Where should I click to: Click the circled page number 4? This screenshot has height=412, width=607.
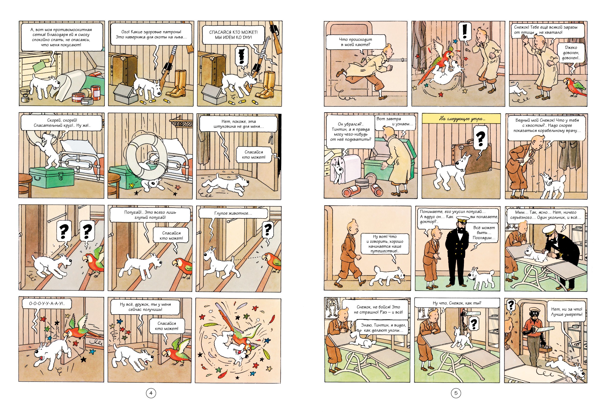point(151,393)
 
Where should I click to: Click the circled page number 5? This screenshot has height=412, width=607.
point(456,393)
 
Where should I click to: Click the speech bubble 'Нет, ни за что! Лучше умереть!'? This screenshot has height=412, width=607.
point(567,312)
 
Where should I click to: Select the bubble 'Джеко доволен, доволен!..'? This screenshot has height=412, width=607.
point(571,53)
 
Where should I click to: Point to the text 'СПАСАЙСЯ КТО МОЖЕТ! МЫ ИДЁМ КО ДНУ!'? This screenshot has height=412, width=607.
point(233,35)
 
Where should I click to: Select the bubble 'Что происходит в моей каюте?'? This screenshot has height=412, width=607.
point(355,42)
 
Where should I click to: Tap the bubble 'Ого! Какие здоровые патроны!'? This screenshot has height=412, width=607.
point(151,35)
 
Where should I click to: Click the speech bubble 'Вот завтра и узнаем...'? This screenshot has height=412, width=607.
point(395,121)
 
